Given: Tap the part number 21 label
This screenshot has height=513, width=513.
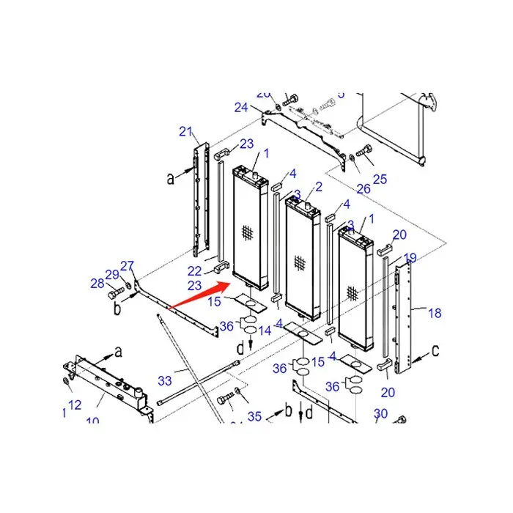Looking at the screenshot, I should [185, 132].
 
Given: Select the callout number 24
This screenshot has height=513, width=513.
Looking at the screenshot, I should [241, 107].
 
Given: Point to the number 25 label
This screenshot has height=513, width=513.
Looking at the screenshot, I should [380, 179].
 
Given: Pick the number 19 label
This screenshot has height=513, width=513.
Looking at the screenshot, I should [410, 257].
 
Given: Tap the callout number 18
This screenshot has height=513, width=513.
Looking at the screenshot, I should [435, 313].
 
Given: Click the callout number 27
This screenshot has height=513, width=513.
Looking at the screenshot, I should [128, 266].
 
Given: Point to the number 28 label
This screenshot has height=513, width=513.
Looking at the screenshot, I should [97, 283].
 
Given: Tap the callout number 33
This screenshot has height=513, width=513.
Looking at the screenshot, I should [165, 380].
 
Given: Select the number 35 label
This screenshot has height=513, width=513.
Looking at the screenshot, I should [254, 417].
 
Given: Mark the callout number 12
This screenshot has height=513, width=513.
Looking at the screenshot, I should [75, 405].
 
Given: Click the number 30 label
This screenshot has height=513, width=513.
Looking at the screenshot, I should [380, 414].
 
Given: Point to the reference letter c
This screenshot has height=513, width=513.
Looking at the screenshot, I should [435, 351].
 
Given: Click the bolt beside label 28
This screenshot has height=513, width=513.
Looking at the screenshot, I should [114, 295].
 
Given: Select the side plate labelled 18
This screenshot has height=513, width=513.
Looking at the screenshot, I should [404, 315].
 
